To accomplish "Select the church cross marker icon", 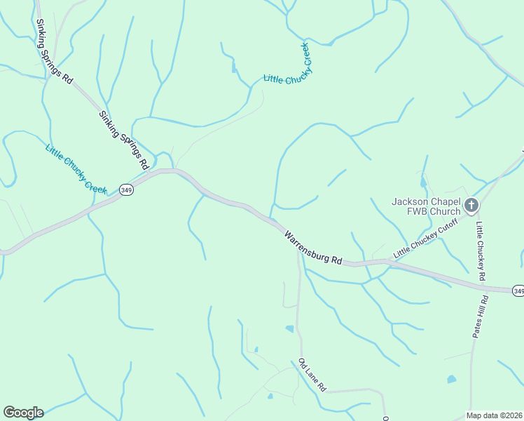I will tap(471, 206).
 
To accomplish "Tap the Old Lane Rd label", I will tap(312, 375).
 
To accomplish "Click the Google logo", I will tap(23, 413).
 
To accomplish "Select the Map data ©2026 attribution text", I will tap(495, 415).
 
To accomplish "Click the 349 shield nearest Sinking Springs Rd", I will tap(126, 190).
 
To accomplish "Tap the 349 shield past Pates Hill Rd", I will tap(518, 290).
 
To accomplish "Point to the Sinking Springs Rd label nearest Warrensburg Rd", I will tap(125, 140).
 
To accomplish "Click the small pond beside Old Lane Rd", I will tap(289, 328).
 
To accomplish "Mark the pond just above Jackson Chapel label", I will tap(422, 183).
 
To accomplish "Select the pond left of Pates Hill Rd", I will tap(452, 380).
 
